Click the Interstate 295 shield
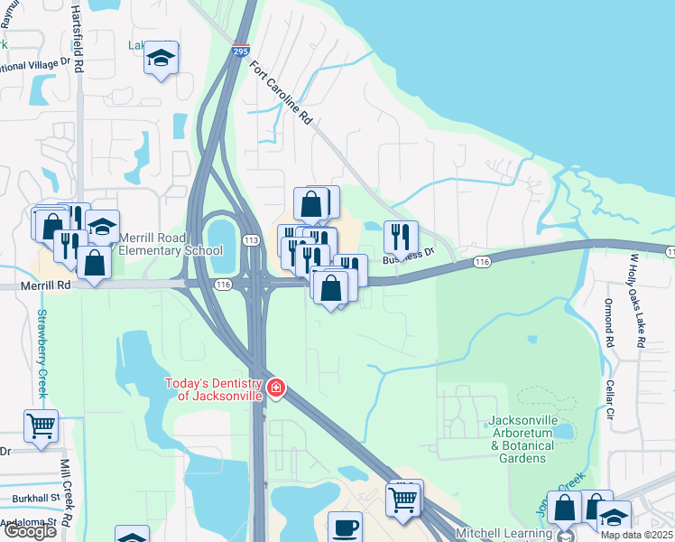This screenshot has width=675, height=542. (x=240, y=51)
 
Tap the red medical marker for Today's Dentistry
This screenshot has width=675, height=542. (x=275, y=390)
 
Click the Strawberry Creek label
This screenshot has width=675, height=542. (x=41, y=354)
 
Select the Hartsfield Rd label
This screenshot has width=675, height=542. (x=78, y=36)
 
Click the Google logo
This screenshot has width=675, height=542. (x=30, y=531)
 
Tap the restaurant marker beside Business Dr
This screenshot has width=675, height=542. (x=401, y=238)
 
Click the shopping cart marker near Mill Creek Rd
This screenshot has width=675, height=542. (x=41, y=425)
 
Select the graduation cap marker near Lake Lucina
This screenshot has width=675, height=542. (x=162, y=59)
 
